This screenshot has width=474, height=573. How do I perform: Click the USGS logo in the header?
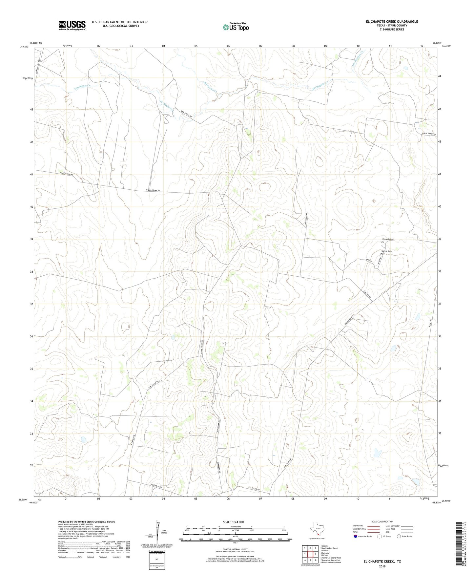click(x=72, y=25)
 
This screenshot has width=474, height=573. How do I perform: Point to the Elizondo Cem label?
click(x=388, y=239)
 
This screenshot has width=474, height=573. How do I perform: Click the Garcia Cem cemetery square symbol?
click(x=381, y=254)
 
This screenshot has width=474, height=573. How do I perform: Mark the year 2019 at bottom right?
click(x=382, y=566)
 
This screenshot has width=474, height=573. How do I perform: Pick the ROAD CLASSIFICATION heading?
click(x=382, y=521)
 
